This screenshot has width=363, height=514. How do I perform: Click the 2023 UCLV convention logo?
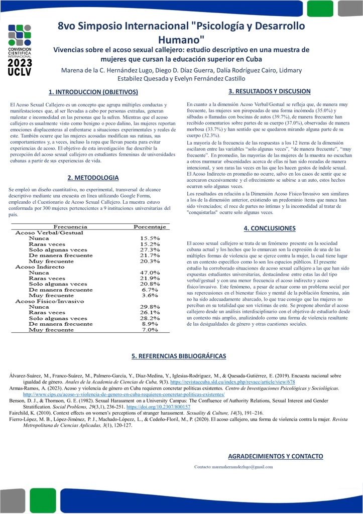(20, 49)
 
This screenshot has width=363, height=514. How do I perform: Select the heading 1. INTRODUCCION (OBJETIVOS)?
(93, 92)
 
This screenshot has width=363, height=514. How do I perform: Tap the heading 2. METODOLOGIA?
(93, 178)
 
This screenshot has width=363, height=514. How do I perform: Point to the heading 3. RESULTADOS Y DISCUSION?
(270, 91)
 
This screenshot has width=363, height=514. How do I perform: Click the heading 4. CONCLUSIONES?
(270, 228)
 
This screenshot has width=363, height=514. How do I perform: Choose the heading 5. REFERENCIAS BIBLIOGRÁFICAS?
(179, 356)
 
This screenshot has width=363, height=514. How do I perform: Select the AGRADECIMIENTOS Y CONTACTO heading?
(276, 456)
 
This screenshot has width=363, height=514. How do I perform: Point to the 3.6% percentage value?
(151, 296)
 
